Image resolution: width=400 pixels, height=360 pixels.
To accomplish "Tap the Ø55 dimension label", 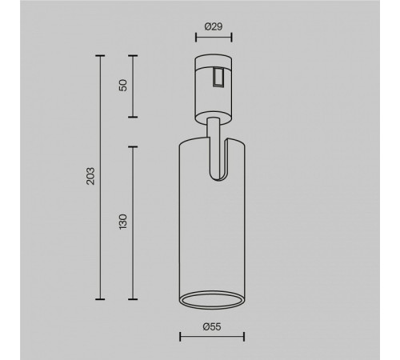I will point(212,327).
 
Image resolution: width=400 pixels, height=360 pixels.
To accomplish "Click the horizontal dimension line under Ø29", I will point(214,37).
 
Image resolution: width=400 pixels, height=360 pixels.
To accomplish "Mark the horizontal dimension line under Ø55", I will point(212,338).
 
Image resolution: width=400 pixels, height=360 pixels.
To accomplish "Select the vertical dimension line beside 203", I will point(100,175).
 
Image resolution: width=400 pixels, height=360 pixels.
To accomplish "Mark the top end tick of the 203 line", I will point(100,56).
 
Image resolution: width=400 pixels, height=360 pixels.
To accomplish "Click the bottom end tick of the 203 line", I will point(100,296).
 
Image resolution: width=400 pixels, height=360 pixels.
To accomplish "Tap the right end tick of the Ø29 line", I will point(231,37).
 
